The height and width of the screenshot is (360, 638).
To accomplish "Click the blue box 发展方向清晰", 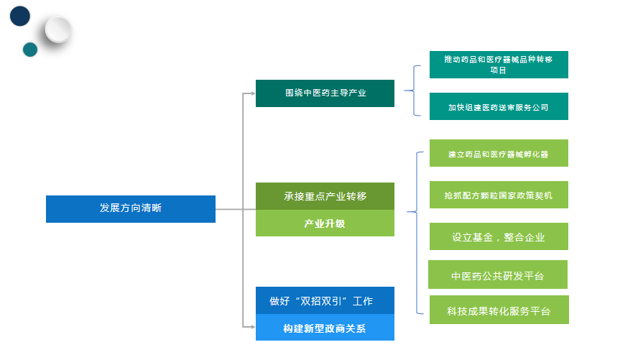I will tap(130, 208).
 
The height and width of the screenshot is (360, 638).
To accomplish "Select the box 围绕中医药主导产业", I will tap(325, 93).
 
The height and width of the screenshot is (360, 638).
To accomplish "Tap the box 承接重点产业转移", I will tap(325, 196).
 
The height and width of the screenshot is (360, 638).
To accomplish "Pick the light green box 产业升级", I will tap(325, 223).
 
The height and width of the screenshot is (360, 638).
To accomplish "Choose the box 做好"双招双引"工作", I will tap(325, 301).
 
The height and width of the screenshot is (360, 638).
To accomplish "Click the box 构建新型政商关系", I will tap(325, 328).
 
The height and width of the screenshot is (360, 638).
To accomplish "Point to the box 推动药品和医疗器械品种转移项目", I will tap(498, 64).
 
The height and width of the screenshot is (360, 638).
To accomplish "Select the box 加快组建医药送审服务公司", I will tap(498, 107).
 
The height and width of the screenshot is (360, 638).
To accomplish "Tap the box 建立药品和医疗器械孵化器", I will tap(498, 154).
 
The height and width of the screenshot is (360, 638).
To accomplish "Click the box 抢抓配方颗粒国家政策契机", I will tap(498, 195).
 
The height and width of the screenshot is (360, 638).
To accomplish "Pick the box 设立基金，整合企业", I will tap(498, 237).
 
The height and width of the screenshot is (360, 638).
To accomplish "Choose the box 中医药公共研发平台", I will tap(498, 275).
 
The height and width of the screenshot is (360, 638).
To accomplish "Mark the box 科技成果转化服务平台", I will tap(498, 310).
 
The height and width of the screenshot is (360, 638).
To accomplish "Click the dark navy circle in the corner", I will tap(19, 17).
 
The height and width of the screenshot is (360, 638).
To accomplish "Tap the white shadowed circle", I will tap(57, 30).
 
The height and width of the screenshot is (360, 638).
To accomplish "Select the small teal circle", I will tap(30, 50).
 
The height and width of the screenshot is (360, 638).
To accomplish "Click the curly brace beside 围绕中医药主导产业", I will tap(412, 91).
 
